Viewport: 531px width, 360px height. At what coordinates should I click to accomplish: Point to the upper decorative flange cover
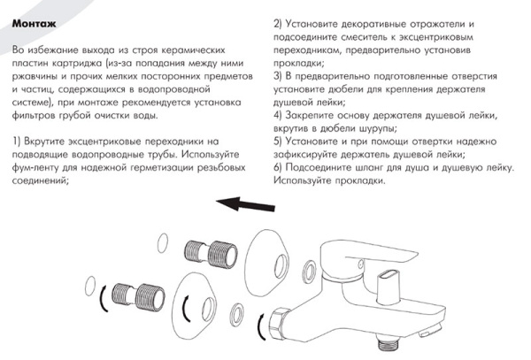coord(273,263)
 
